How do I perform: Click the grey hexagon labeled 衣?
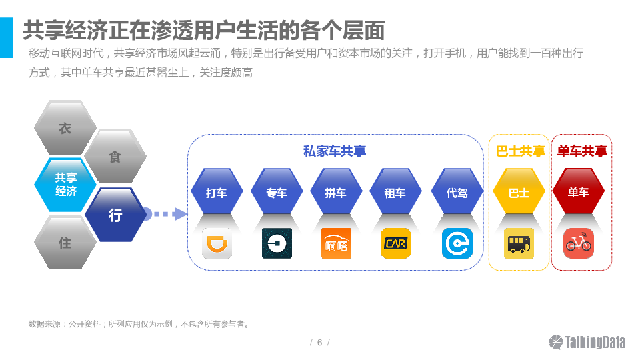pos(65,128)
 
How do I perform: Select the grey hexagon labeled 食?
pos(115,157)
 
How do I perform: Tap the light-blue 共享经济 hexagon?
pos(65,185)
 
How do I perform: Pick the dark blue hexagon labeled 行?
pos(115,215)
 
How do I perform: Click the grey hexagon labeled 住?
pos(65,243)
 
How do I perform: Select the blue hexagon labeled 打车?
pos(216,193)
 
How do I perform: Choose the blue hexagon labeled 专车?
pos(276,193)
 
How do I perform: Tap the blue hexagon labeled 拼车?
pos(335,193)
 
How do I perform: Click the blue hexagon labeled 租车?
pos(395,193)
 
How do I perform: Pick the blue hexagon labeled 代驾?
pos(457,193)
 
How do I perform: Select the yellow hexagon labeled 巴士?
pos(519,193)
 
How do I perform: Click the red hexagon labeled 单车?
pos(578,193)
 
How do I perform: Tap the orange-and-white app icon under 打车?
pos(217,243)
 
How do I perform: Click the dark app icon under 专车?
pos(277,243)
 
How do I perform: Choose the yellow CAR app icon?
pos(395,243)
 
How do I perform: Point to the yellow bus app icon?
pos(519,243)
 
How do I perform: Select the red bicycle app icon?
pos(578,243)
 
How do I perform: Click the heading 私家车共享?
pos(335,151)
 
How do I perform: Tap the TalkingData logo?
pos(587,342)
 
